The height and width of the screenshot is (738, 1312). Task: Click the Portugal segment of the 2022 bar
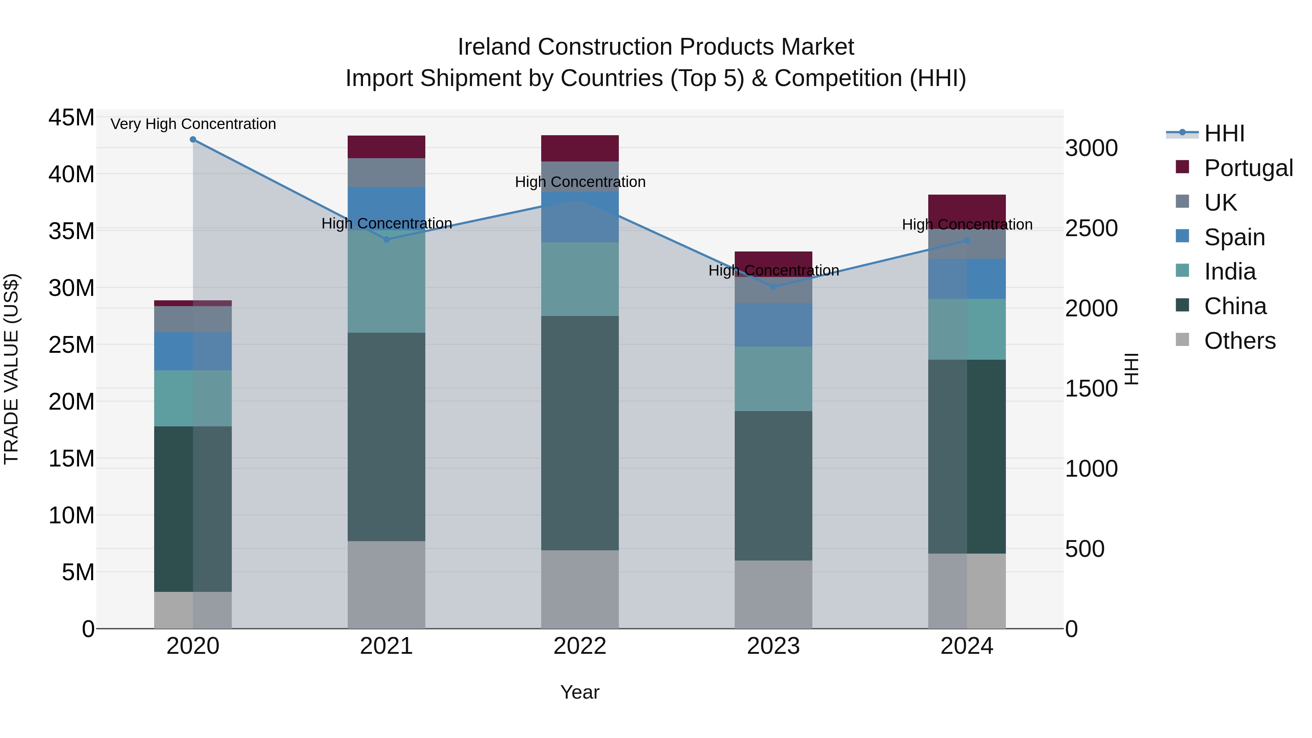tap(579, 148)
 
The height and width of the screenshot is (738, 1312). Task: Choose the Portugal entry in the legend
tap(1248, 168)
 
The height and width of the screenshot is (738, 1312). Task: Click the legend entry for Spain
tap(1234, 237)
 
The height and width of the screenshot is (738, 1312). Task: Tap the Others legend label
tap(1240, 341)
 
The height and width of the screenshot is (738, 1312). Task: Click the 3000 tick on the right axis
tap(1091, 148)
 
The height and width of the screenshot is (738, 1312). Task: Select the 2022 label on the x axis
tap(579, 646)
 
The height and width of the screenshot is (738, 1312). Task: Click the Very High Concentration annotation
tap(193, 124)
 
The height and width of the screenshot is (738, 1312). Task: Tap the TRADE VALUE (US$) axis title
tap(11, 369)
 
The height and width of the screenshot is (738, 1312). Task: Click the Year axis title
tap(579, 692)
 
